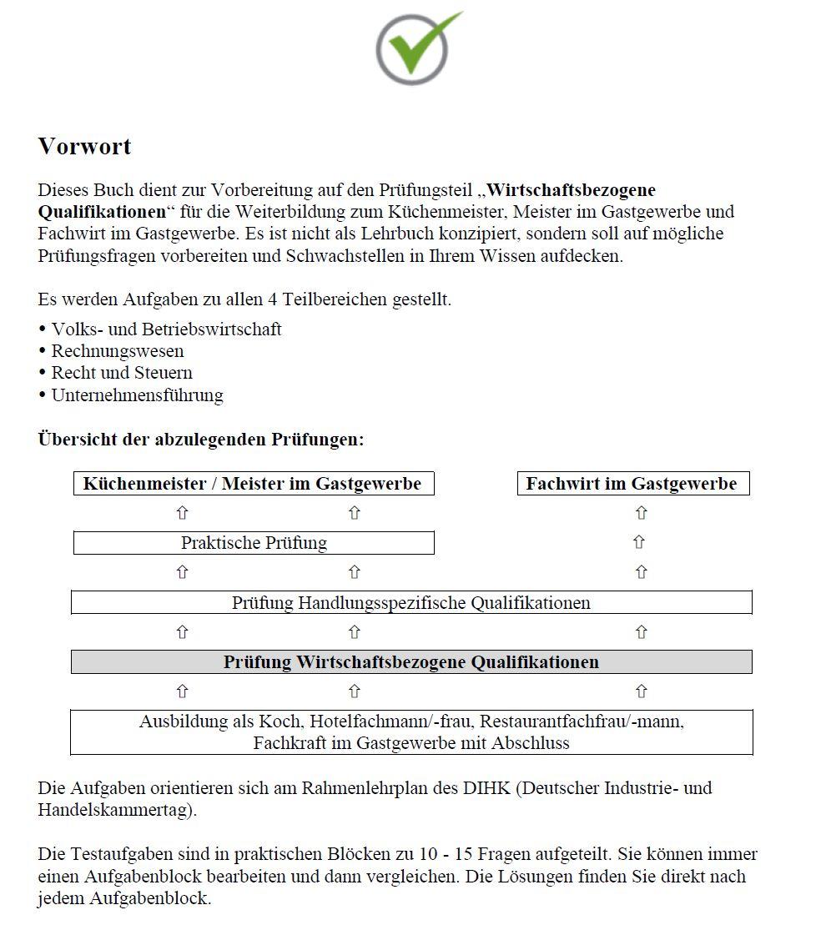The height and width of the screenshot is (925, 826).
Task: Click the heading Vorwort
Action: (84, 147)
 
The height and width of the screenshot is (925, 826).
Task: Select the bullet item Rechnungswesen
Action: (117, 351)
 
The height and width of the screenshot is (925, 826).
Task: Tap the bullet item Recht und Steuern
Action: (122, 373)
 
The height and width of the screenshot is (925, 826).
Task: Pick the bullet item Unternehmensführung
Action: (137, 395)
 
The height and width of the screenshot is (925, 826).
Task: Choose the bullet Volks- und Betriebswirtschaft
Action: (166, 329)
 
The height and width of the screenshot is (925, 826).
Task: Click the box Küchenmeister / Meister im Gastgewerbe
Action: (253, 484)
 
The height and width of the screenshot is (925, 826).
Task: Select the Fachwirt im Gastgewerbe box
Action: (632, 484)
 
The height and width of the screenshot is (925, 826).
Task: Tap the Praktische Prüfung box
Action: (254, 543)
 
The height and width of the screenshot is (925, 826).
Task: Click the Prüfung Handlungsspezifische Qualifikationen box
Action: (410, 602)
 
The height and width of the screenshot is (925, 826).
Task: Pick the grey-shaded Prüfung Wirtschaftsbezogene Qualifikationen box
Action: (410, 662)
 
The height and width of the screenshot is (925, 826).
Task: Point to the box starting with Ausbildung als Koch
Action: (410, 731)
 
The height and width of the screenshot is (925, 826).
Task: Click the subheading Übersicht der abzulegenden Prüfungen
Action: (201, 440)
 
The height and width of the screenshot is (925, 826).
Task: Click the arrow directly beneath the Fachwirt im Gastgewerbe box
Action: (640, 513)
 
